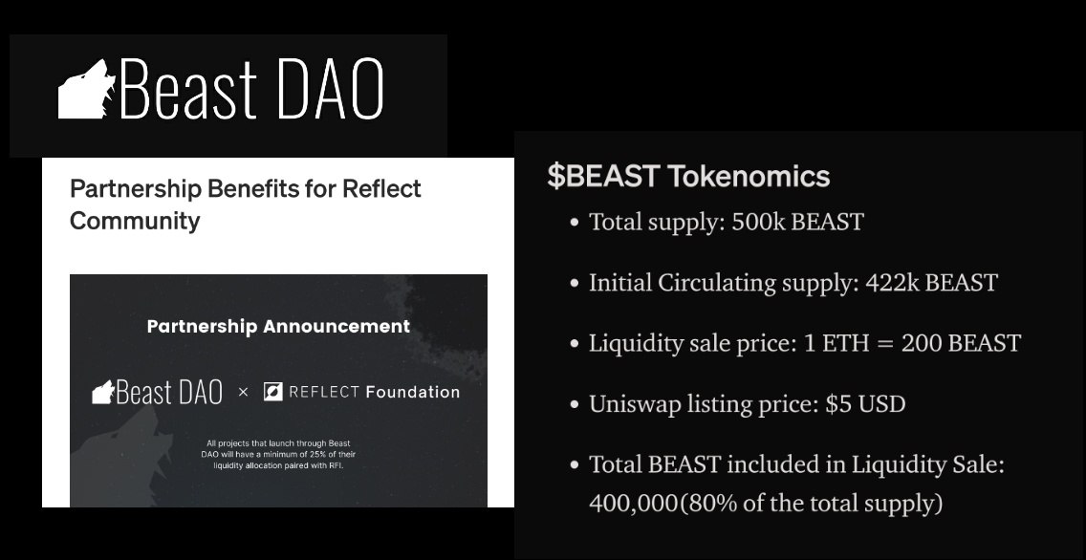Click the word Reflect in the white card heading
(x=380, y=188)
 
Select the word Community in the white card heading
(x=135, y=221)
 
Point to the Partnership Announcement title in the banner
(x=278, y=326)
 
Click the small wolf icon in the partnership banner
(x=102, y=392)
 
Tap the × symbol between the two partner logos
(x=243, y=392)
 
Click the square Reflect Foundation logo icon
(x=272, y=392)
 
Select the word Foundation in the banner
(x=413, y=392)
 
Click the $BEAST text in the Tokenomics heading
(x=603, y=176)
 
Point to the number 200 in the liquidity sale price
(x=923, y=343)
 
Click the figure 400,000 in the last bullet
(x=632, y=503)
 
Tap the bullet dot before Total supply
(x=574, y=224)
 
